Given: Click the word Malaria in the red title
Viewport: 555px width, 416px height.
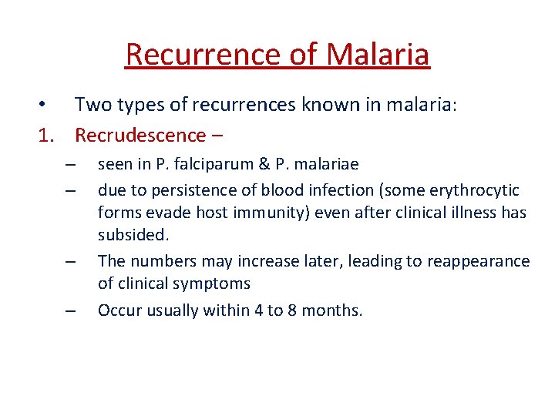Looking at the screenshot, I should coord(378,54).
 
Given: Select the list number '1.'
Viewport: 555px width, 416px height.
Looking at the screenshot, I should coord(50,135).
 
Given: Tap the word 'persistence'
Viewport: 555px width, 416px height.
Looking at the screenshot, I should coord(176,190).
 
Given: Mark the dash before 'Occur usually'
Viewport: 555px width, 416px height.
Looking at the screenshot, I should coord(70,311).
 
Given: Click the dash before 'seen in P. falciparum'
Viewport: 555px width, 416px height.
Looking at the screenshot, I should coord(70,165).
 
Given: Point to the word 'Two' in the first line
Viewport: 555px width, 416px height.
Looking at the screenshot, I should coord(90,104).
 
